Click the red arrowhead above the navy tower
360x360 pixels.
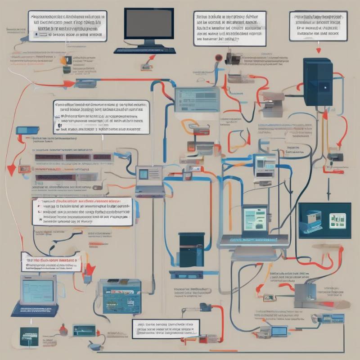pyautogui.click(x=319, y=50)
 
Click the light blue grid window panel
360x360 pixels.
pyautogui.click(x=197, y=99)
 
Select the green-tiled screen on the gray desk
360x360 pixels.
pyautogui.click(x=255, y=220)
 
